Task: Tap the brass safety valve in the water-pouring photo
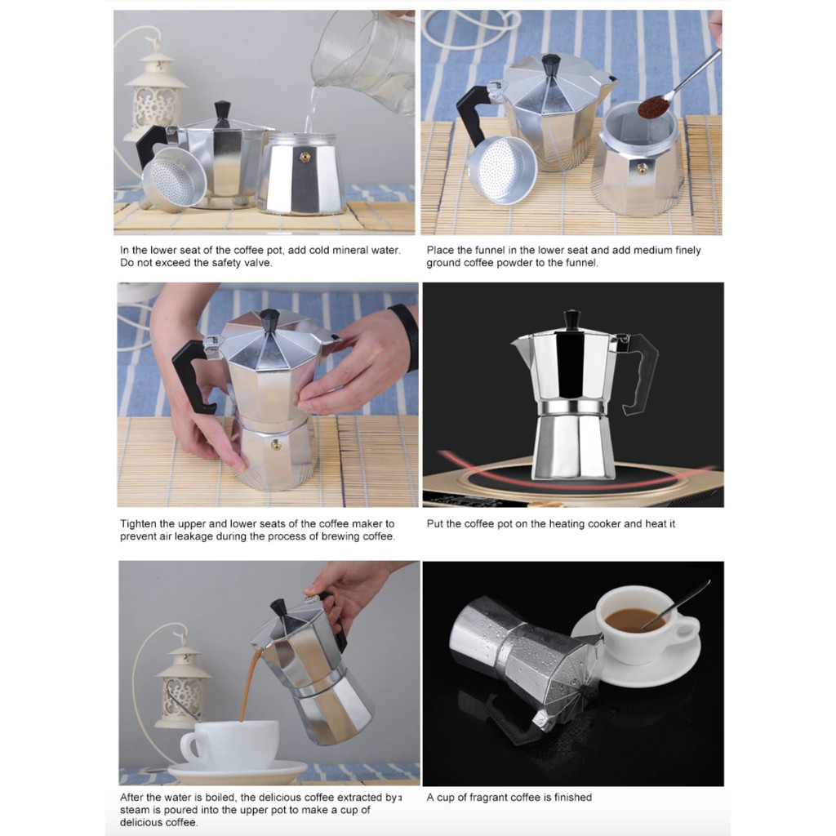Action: pos(305,158)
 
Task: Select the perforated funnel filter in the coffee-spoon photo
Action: pos(501,169)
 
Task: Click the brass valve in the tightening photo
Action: pos(276,445)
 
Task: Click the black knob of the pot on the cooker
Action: pos(571,319)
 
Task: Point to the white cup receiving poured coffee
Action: pos(230,745)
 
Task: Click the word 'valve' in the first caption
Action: pos(259,263)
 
